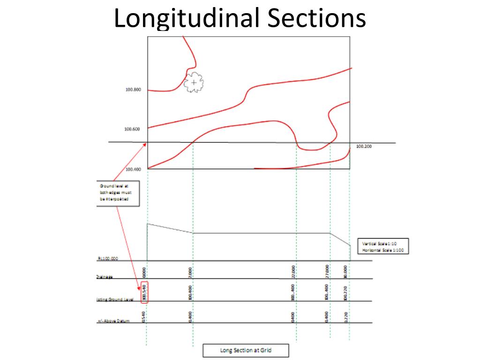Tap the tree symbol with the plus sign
pyautogui.click(x=194, y=83)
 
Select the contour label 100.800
pyautogui.click(x=133, y=90)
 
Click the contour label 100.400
pyautogui.click(x=133, y=169)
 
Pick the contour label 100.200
pyautogui.click(x=364, y=146)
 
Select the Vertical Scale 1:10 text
pyautogui.click(x=379, y=244)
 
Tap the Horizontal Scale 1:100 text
pyautogui.click(x=382, y=250)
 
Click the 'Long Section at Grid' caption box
pyautogui.click(x=246, y=351)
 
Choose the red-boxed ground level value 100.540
pyautogui.click(x=145, y=292)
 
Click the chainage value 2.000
pyautogui.click(x=192, y=272)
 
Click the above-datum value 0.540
pyautogui.click(x=145, y=316)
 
